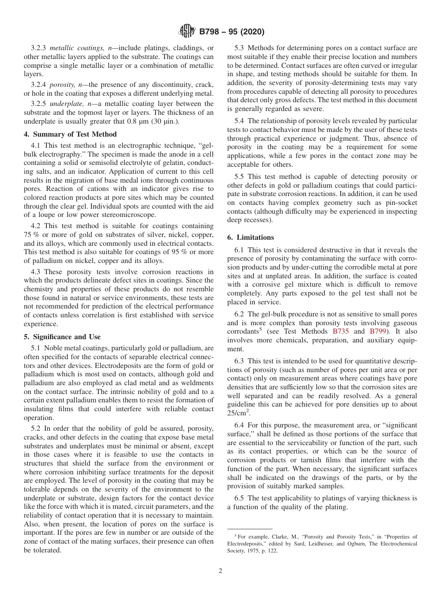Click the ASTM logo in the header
point(187,32)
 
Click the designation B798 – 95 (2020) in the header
point(232,32)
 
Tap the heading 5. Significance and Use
point(62,337)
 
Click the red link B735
point(341,331)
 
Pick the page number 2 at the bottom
point(220,571)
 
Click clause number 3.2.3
point(39,48)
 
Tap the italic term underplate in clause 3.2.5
point(65,104)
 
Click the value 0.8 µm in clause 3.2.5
point(139,121)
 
